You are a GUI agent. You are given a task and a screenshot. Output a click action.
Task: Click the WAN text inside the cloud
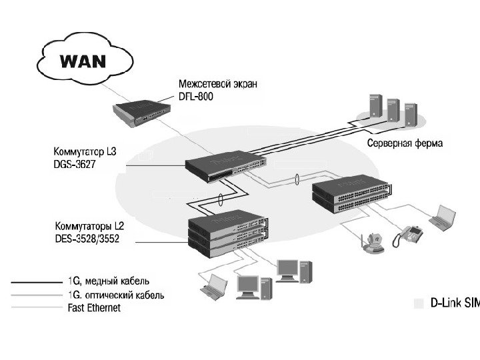[x=83, y=62]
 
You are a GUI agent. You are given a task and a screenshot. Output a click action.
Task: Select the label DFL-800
[x=197, y=97]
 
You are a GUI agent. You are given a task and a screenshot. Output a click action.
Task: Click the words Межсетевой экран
[x=217, y=85]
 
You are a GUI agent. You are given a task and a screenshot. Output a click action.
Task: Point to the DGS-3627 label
[x=75, y=163]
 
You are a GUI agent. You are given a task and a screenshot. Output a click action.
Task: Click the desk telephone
[x=408, y=234]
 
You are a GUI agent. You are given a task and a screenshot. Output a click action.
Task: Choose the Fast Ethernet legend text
[x=95, y=307]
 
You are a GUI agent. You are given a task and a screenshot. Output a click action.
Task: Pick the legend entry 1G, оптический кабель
[x=117, y=295]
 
